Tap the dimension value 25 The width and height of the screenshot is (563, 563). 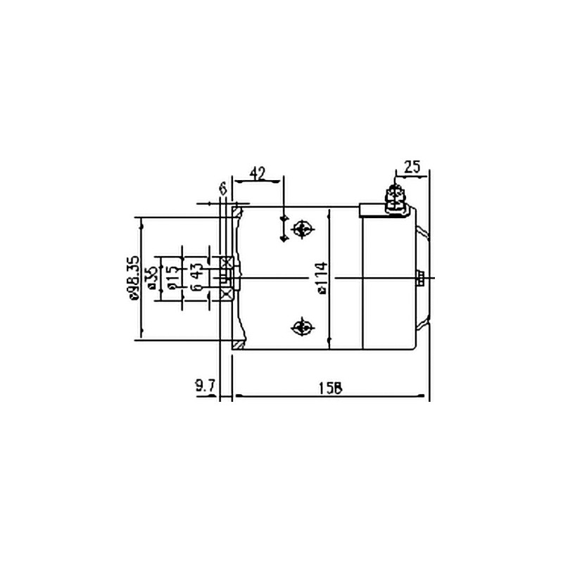tap(412, 167)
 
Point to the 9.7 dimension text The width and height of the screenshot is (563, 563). tap(204, 386)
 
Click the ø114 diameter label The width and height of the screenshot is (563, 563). tap(320, 278)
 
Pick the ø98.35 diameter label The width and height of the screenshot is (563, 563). tap(134, 279)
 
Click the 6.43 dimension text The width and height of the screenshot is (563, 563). tap(197, 278)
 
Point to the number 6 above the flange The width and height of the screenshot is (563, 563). tap(222, 188)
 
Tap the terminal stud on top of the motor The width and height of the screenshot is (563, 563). tap(395, 197)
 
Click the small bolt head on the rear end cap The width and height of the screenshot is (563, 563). tap(419, 278)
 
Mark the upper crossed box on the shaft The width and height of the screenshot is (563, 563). tap(227, 262)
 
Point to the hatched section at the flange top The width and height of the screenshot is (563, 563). tap(239, 211)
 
